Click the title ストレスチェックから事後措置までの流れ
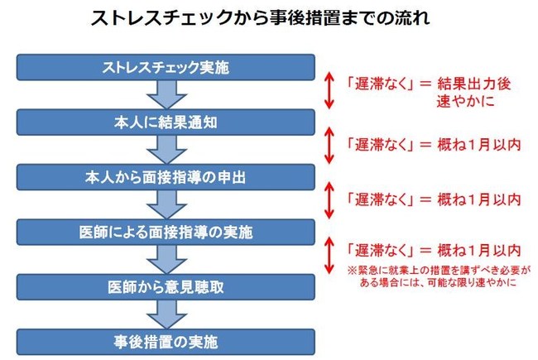260,18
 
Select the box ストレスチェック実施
166,67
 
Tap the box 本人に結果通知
166,122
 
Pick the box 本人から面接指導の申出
166,177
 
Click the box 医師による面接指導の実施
166,232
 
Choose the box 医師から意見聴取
166,287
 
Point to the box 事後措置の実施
166,342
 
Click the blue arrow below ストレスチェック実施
166,94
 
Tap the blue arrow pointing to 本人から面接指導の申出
166,150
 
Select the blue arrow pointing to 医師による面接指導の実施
166,204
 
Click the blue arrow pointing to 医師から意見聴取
166,259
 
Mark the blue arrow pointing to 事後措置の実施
166,314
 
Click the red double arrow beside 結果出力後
329,90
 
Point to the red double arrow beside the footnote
329,256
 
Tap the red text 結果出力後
473,84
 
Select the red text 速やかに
465,101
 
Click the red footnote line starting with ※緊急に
440,270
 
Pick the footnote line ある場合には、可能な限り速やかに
438,282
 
